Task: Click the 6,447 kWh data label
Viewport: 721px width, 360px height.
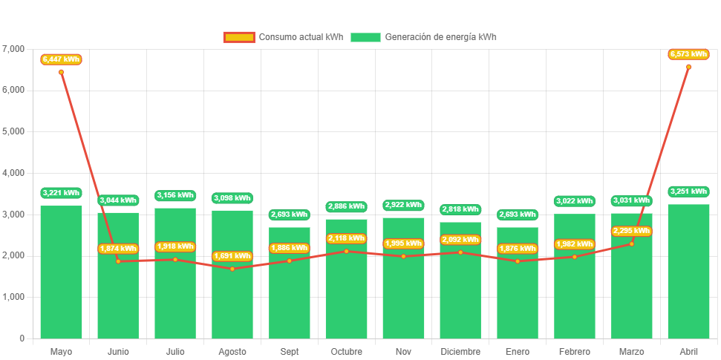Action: pyautogui.click(x=61, y=59)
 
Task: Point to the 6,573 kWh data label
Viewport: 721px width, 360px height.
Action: pyautogui.click(x=688, y=53)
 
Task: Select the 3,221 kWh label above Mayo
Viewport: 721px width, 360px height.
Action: pyautogui.click(x=61, y=193)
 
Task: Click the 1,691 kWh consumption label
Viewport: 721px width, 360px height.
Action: pyautogui.click(x=232, y=256)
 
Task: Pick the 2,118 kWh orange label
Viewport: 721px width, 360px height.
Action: pyautogui.click(x=346, y=238)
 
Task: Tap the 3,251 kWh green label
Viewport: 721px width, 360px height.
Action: pyautogui.click(x=688, y=192)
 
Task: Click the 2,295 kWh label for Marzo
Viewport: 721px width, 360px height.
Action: pyautogui.click(x=631, y=231)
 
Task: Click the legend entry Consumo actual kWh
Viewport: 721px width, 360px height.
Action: pyautogui.click(x=283, y=37)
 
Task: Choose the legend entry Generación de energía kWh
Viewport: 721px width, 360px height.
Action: pyautogui.click(x=423, y=37)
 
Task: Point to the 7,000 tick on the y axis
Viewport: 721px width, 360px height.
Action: pyautogui.click(x=13, y=49)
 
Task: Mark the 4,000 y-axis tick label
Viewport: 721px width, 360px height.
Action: pyautogui.click(x=13, y=173)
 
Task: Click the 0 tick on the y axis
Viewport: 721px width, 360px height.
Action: pyautogui.click(x=22, y=338)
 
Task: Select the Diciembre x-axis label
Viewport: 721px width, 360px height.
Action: pyautogui.click(x=460, y=351)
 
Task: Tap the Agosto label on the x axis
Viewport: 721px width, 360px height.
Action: pyautogui.click(x=232, y=351)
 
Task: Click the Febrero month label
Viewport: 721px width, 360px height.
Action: pyautogui.click(x=575, y=351)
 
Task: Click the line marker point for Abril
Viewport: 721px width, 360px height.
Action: pyautogui.click(x=688, y=67)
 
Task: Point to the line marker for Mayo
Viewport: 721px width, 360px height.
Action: pyautogui.click(x=61, y=72)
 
